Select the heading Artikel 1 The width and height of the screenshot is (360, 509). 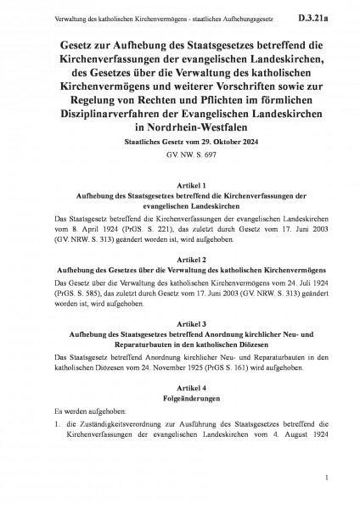tap(180, 207)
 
